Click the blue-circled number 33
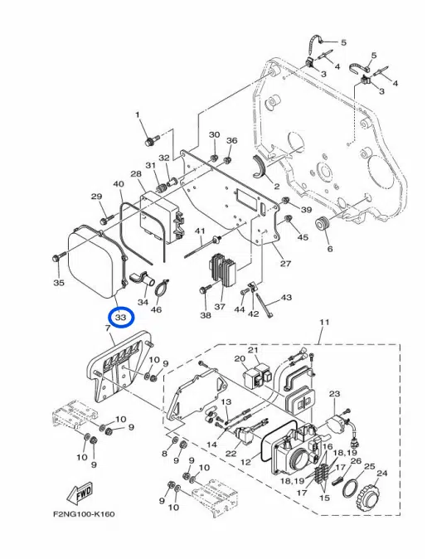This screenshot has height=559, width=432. pyautogui.click(x=121, y=318)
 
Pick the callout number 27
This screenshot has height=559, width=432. pyautogui.click(x=285, y=265)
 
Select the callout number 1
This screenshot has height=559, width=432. pyautogui.click(x=138, y=114)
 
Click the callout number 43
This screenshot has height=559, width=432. pyautogui.click(x=287, y=297)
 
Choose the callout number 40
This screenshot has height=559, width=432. pyautogui.click(x=119, y=184)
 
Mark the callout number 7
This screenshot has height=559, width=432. pyautogui.click(x=108, y=329)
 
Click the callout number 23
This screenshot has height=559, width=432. pyautogui.click(x=335, y=394)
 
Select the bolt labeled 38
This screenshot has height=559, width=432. pyautogui.click(x=204, y=290)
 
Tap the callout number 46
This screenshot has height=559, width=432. pyautogui.click(x=156, y=309)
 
